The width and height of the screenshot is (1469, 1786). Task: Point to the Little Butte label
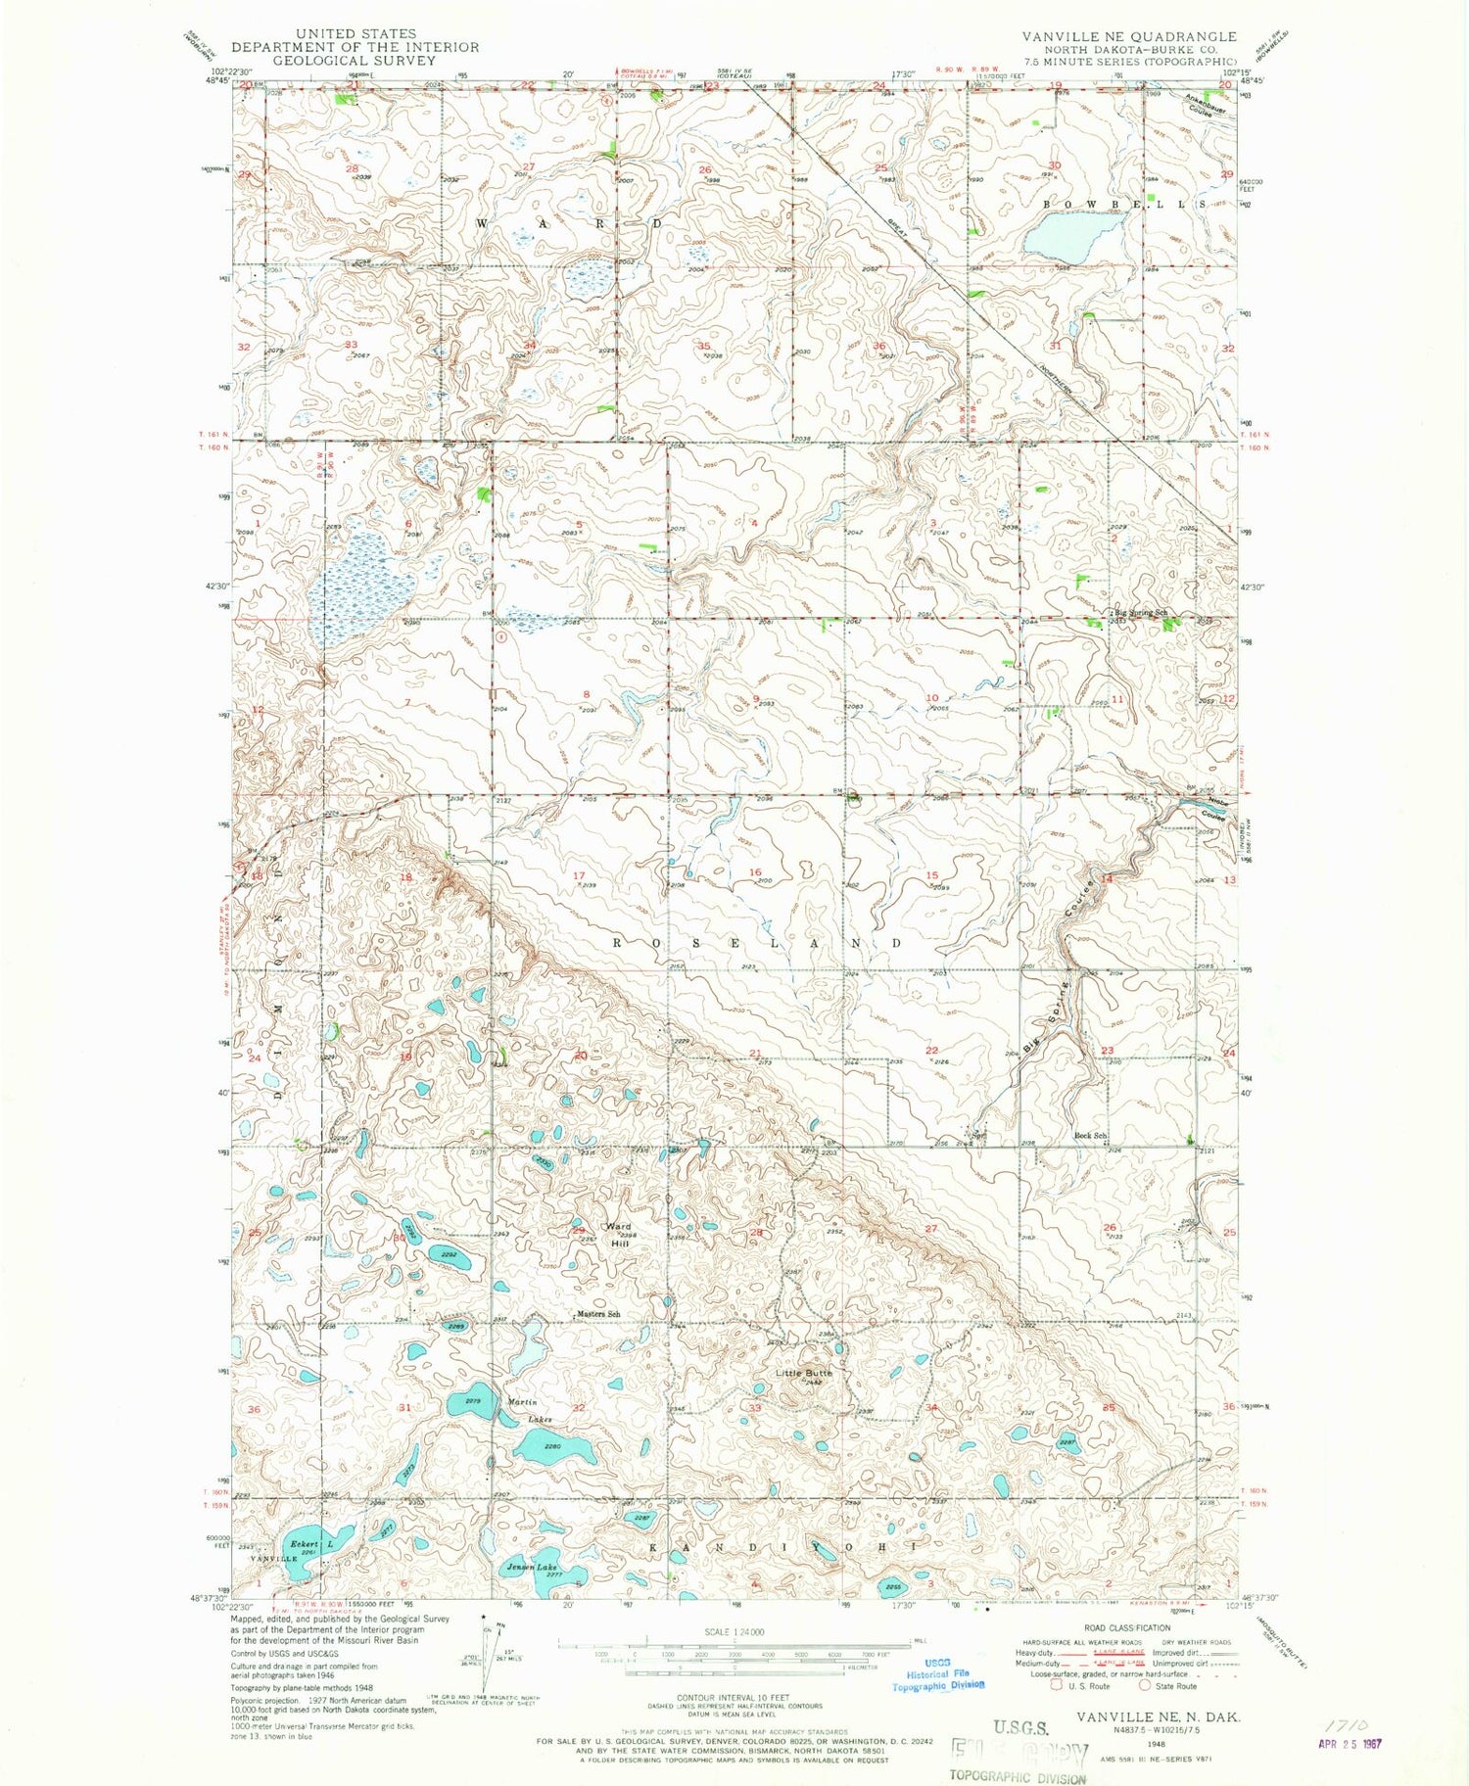804,1373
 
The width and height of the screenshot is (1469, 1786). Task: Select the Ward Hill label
617,1233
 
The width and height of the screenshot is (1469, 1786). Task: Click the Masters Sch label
598,1314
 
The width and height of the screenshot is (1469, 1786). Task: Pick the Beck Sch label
1090,1135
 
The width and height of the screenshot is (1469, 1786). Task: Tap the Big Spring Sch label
1139,613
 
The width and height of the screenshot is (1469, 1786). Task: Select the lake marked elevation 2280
553,1445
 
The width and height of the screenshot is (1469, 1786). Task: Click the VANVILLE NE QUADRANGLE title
1129,36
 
